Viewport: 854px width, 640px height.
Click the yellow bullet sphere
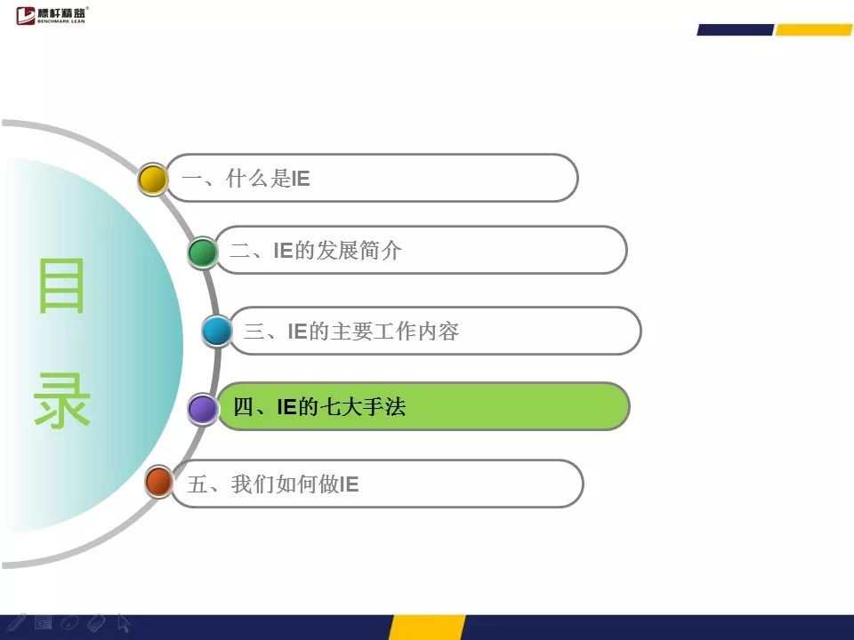pos(152,179)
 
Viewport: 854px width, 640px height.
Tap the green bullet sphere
pos(203,252)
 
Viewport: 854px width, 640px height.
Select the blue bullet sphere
pos(217,331)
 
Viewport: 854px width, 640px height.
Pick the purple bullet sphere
pos(203,409)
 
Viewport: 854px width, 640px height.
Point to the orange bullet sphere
pos(159,482)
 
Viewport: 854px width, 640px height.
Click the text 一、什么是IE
pos(246,179)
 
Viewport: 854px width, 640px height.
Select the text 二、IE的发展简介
pos(316,251)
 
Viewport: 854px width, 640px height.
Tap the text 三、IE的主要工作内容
pos(352,331)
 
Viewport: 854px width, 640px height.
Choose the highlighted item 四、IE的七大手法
pos(423,406)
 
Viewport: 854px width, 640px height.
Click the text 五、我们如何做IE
pos(273,484)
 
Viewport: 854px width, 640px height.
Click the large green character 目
pos(61,285)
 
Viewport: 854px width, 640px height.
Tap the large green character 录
pos(61,399)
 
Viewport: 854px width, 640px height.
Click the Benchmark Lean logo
pos(52,15)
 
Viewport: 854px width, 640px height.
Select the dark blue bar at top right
pos(736,30)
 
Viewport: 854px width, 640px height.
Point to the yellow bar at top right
pos(814,30)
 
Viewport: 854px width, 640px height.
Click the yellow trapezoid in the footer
pos(427,628)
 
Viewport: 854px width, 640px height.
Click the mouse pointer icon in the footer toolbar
pos(124,623)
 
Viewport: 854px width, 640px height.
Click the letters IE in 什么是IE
pos(301,179)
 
